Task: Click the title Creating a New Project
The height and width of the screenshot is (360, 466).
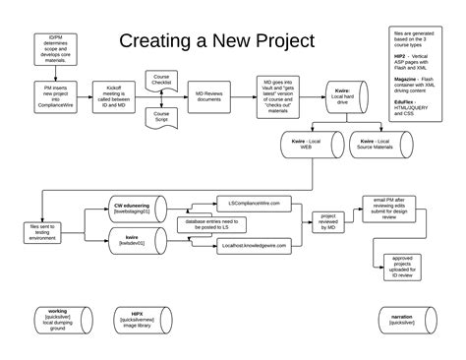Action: tap(216, 41)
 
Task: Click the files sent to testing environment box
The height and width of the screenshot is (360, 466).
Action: tap(45, 230)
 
